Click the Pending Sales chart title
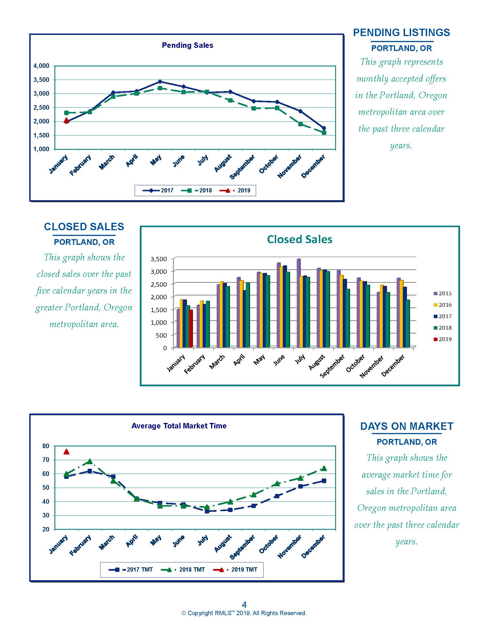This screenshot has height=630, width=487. coord(188,45)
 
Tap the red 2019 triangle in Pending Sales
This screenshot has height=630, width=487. coord(66,121)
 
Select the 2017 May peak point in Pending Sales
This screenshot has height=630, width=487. coord(160,82)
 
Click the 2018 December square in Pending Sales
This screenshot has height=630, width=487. coord(324,133)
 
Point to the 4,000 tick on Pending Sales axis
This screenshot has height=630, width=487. coord(41,66)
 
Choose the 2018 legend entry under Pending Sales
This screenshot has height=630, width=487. coord(197,190)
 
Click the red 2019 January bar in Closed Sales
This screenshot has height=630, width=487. coord(191,328)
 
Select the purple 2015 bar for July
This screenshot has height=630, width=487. coord(299,303)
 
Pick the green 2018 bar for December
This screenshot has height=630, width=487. coord(408,323)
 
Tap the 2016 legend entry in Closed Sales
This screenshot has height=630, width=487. coord(443,305)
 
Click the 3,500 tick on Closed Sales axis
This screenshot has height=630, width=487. coord(159,259)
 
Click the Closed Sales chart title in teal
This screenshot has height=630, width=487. coord(299,239)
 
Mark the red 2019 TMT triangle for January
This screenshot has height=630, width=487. coord(66,452)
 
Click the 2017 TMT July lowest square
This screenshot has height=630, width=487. coord(207,511)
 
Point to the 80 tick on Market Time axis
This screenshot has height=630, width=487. coord(46,446)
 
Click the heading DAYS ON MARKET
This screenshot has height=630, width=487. coord(407,426)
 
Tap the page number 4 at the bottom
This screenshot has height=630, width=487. coord(244,604)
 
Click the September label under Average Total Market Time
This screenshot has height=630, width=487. coord(242,547)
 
